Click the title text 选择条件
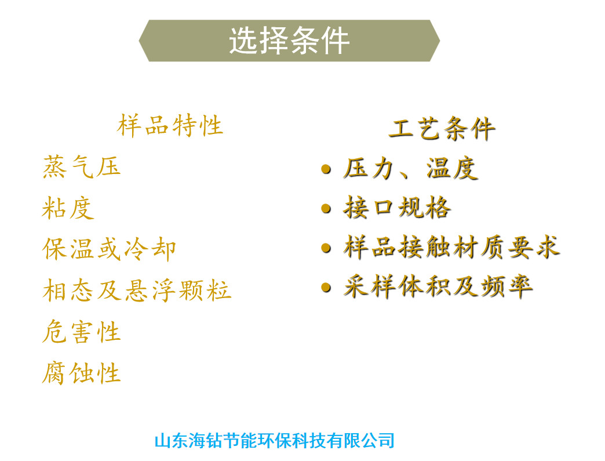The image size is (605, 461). tap(289, 41)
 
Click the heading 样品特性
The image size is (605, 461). tap(170, 126)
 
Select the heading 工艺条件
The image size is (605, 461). tap(442, 129)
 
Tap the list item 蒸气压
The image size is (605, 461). tap(81, 167)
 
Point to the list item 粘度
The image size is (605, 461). tap(68, 208)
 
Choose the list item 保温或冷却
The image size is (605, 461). tap(109, 249)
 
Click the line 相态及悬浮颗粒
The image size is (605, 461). tap(137, 291)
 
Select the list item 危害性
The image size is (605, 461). tap(81, 332)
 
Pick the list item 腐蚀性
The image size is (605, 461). tap(81, 373)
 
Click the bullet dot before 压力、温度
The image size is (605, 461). tap(326, 169)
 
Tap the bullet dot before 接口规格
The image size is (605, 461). tap(326, 209)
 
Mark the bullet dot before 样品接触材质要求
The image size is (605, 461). tap(326, 248)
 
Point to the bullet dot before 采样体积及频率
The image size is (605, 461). tap(326, 287)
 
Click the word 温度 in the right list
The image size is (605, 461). tap(453, 169)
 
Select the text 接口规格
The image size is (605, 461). tap(397, 208)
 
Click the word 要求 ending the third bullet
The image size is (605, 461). tap(534, 247)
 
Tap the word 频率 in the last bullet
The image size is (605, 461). tap(507, 287)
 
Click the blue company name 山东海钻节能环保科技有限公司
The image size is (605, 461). tap(274, 441)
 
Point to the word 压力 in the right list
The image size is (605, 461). tap(368, 169)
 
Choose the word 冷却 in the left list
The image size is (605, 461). tap(151, 249)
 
